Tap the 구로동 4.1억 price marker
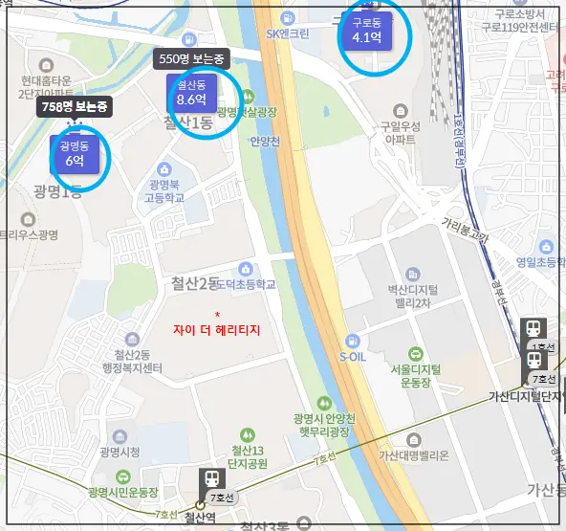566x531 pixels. [367, 32]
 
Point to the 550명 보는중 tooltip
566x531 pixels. [194, 58]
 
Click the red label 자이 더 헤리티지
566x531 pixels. [216, 329]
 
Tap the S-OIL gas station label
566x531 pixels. [354, 357]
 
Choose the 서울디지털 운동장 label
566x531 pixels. [415, 374]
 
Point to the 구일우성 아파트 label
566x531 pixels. [402, 131]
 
